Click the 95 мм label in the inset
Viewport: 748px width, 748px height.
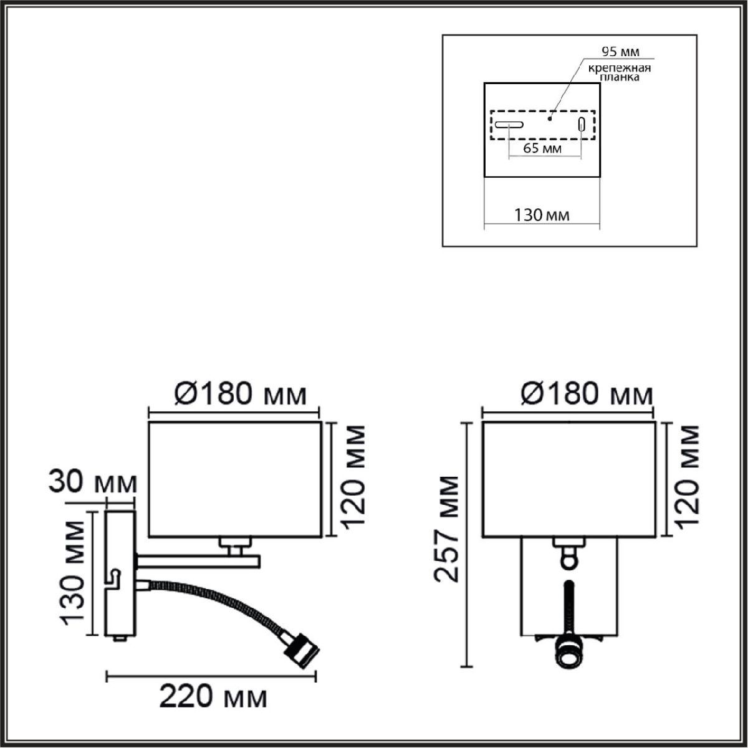620,51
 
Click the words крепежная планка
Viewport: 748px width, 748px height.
620,73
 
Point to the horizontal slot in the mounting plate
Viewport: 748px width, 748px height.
509,125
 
